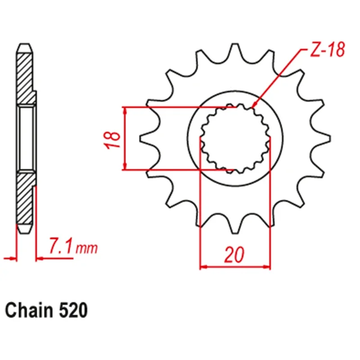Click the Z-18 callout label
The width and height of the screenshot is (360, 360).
click(x=328, y=49)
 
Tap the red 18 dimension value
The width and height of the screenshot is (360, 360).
click(x=112, y=140)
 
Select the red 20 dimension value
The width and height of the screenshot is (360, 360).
click(x=234, y=255)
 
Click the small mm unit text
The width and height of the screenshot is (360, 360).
click(x=86, y=249)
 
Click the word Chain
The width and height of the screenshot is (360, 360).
click(x=29, y=310)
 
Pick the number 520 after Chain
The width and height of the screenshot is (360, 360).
click(x=73, y=310)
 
